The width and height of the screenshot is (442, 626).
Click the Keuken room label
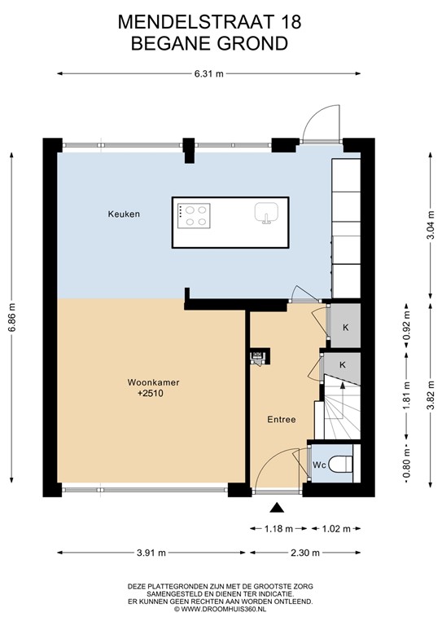[124, 214]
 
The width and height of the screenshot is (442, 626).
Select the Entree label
[281, 420]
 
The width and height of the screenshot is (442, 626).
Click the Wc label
[319, 466]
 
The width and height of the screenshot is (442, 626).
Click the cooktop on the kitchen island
[195, 214]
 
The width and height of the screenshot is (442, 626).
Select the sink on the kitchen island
[265, 214]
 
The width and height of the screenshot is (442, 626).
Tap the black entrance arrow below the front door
[278, 508]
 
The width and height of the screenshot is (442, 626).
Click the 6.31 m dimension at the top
[209, 74]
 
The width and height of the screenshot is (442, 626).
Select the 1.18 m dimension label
[278, 528]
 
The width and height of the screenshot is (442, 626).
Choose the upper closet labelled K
[345, 327]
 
